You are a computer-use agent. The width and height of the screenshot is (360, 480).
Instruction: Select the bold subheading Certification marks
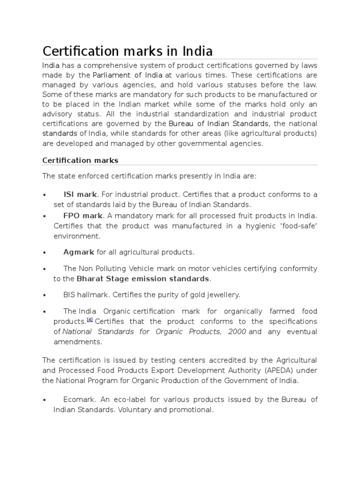click(x=80, y=160)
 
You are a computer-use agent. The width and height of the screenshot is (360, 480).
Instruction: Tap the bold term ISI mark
click(x=80, y=194)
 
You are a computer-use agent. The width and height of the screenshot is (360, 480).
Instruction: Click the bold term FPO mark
click(x=82, y=216)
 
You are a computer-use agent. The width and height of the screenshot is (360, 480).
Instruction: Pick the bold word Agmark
click(x=79, y=252)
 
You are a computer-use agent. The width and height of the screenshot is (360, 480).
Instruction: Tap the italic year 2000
click(x=237, y=331)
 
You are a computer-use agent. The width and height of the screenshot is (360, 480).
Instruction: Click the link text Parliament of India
click(x=127, y=75)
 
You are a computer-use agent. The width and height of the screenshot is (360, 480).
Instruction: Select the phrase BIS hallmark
click(x=83, y=295)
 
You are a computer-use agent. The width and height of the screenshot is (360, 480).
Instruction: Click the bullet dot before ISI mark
click(x=44, y=195)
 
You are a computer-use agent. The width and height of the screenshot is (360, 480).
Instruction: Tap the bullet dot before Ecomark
click(x=44, y=400)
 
